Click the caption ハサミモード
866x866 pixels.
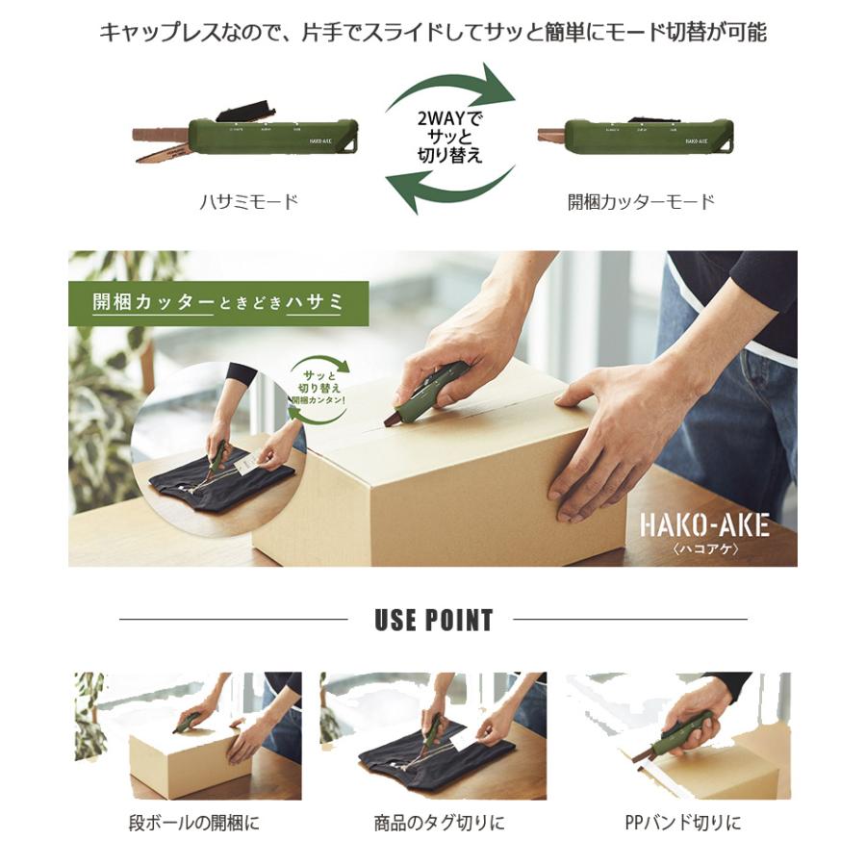[x=248, y=202]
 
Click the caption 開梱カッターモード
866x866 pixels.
[x=641, y=202]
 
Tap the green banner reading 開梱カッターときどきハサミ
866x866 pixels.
[x=217, y=302]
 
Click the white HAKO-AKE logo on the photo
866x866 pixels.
[x=704, y=524]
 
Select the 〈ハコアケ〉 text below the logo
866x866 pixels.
[x=704, y=548]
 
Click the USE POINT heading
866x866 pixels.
[x=433, y=621]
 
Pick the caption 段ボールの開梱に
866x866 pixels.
[x=193, y=823]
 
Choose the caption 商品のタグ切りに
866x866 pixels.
[x=439, y=823]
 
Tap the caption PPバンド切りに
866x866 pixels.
[x=682, y=823]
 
